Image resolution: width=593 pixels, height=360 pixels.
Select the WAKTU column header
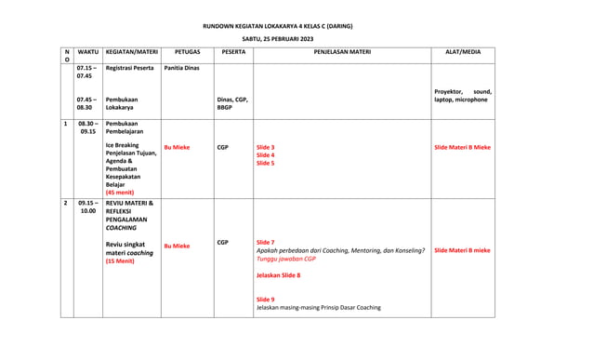[88, 53]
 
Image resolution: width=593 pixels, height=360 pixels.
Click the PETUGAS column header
[188, 53]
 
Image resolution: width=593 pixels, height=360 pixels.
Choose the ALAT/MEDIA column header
[463, 53]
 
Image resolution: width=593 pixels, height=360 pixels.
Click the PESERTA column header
[233, 53]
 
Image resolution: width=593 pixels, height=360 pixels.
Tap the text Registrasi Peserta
[130, 68]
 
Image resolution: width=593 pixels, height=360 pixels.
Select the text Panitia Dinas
[181, 68]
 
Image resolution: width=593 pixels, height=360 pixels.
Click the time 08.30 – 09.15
[88, 127]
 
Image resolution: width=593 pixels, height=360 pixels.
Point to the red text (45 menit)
[120, 193]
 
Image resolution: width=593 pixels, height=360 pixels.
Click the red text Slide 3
[265, 147]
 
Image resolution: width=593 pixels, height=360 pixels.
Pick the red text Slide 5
[265, 163]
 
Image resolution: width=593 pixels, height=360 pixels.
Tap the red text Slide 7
[265, 243]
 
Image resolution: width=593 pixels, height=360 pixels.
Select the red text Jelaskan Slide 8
[278, 275]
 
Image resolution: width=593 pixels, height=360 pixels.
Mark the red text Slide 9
[265, 300]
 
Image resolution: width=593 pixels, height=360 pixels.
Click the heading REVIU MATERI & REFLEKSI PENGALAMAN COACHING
[130, 215]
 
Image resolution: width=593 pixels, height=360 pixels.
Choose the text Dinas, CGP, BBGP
[232, 103]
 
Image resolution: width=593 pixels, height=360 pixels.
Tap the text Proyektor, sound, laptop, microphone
[463, 96]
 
